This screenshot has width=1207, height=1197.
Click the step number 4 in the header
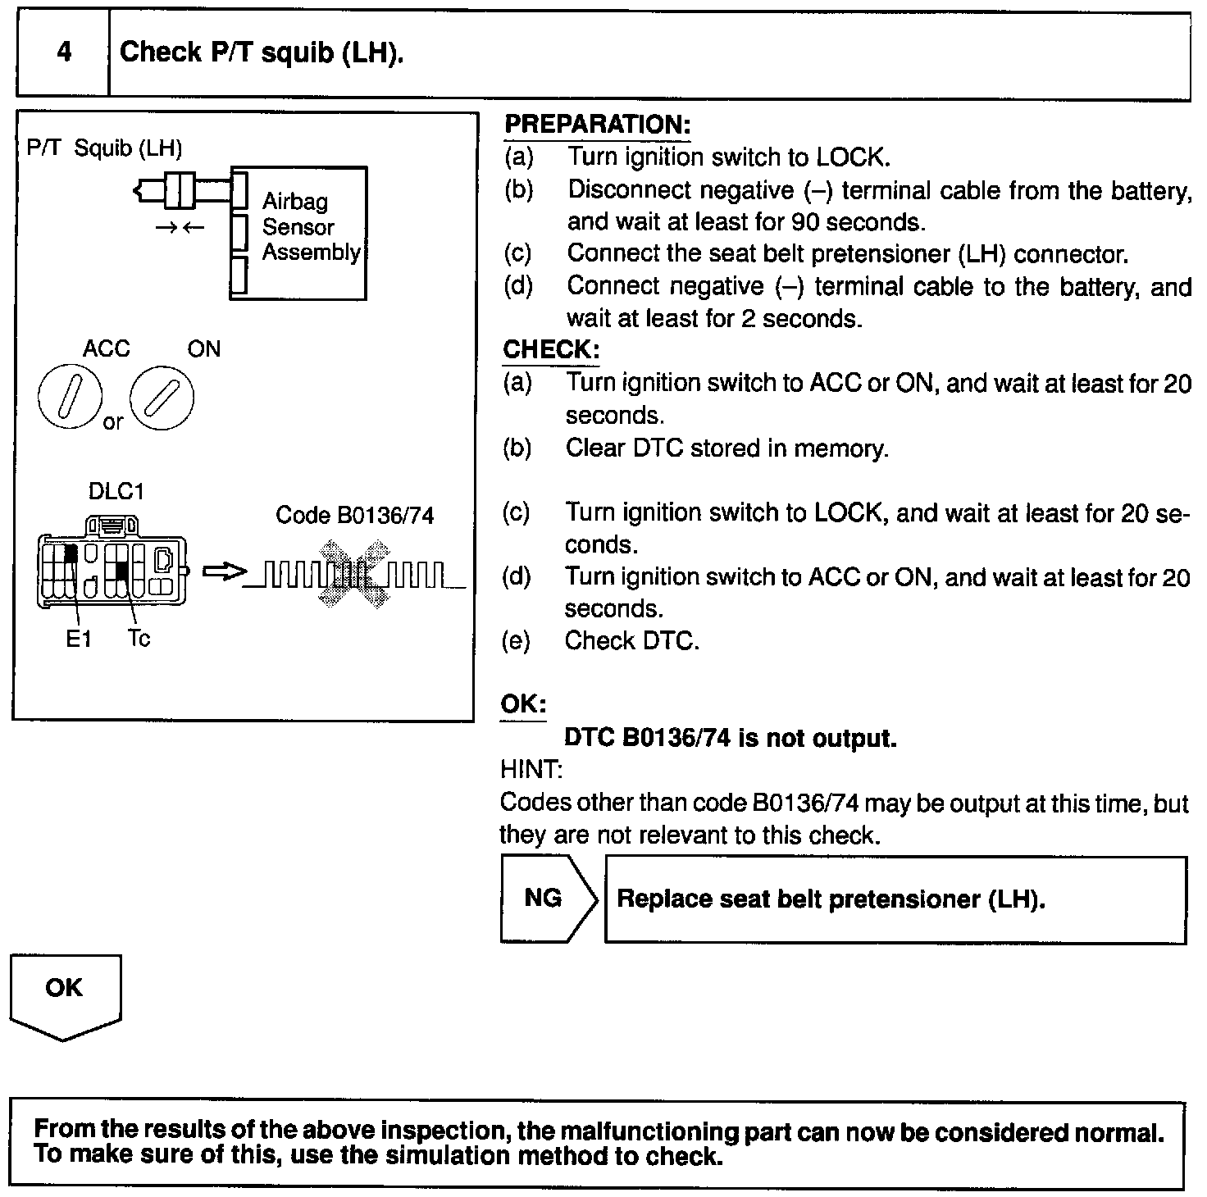pos(64,53)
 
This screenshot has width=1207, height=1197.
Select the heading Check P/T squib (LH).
pos(262,53)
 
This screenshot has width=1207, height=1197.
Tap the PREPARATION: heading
pos(597,125)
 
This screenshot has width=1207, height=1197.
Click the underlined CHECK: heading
pos(551,350)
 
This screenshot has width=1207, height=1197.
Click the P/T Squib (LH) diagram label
pos(104,148)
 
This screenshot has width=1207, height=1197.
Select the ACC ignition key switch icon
pos(70,397)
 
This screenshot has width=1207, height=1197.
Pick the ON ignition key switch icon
pos(162,398)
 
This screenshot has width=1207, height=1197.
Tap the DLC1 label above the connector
pos(116,492)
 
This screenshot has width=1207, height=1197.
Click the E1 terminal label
pos(78,639)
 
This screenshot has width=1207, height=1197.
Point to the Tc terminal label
pos(139,638)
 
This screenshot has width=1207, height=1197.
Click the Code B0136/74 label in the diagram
pos(354,515)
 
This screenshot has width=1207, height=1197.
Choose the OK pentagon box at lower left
pos(64,994)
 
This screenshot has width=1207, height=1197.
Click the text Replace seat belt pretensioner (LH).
pos(831,899)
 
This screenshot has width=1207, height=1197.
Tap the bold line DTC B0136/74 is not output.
pos(731,738)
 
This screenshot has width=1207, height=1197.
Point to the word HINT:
pos(531,770)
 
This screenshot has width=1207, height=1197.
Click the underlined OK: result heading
pos(523,705)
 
